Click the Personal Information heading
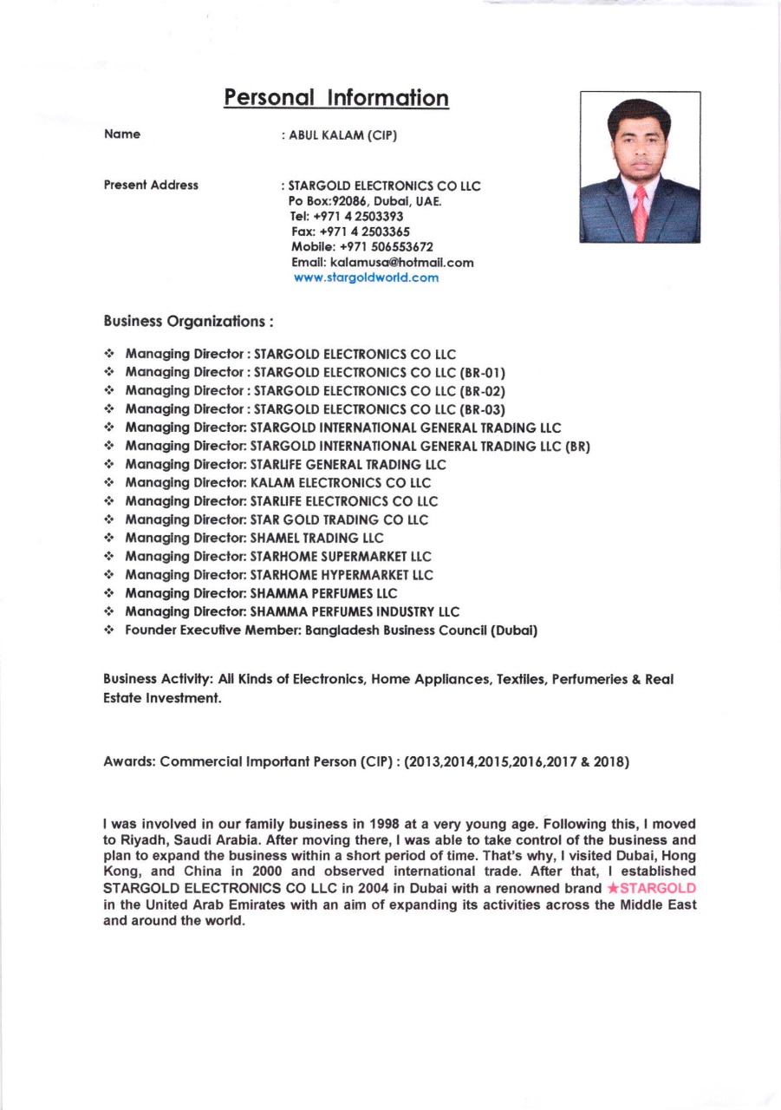336,97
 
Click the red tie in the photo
640,212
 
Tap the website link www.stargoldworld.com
366,278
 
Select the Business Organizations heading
188,322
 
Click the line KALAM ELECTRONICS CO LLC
340,483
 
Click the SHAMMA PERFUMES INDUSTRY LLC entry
355,612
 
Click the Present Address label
151,186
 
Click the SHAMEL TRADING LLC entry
316,539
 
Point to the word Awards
128,762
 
